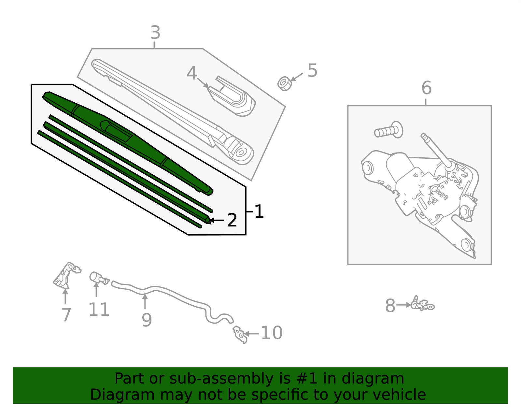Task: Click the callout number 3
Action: [x=156, y=33]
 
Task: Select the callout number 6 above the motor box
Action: [x=426, y=88]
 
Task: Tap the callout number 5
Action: [x=312, y=71]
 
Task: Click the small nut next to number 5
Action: [x=284, y=83]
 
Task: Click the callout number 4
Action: [x=192, y=73]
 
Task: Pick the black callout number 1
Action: [x=259, y=212]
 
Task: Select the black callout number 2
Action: [x=232, y=220]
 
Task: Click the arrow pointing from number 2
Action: [x=217, y=220]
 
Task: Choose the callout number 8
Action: [x=390, y=306]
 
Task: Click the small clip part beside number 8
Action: [x=422, y=304]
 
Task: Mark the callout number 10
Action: [x=272, y=333]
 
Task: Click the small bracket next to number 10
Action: [x=240, y=334]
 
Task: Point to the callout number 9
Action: [x=147, y=320]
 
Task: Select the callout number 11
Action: [x=99, y=310]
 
